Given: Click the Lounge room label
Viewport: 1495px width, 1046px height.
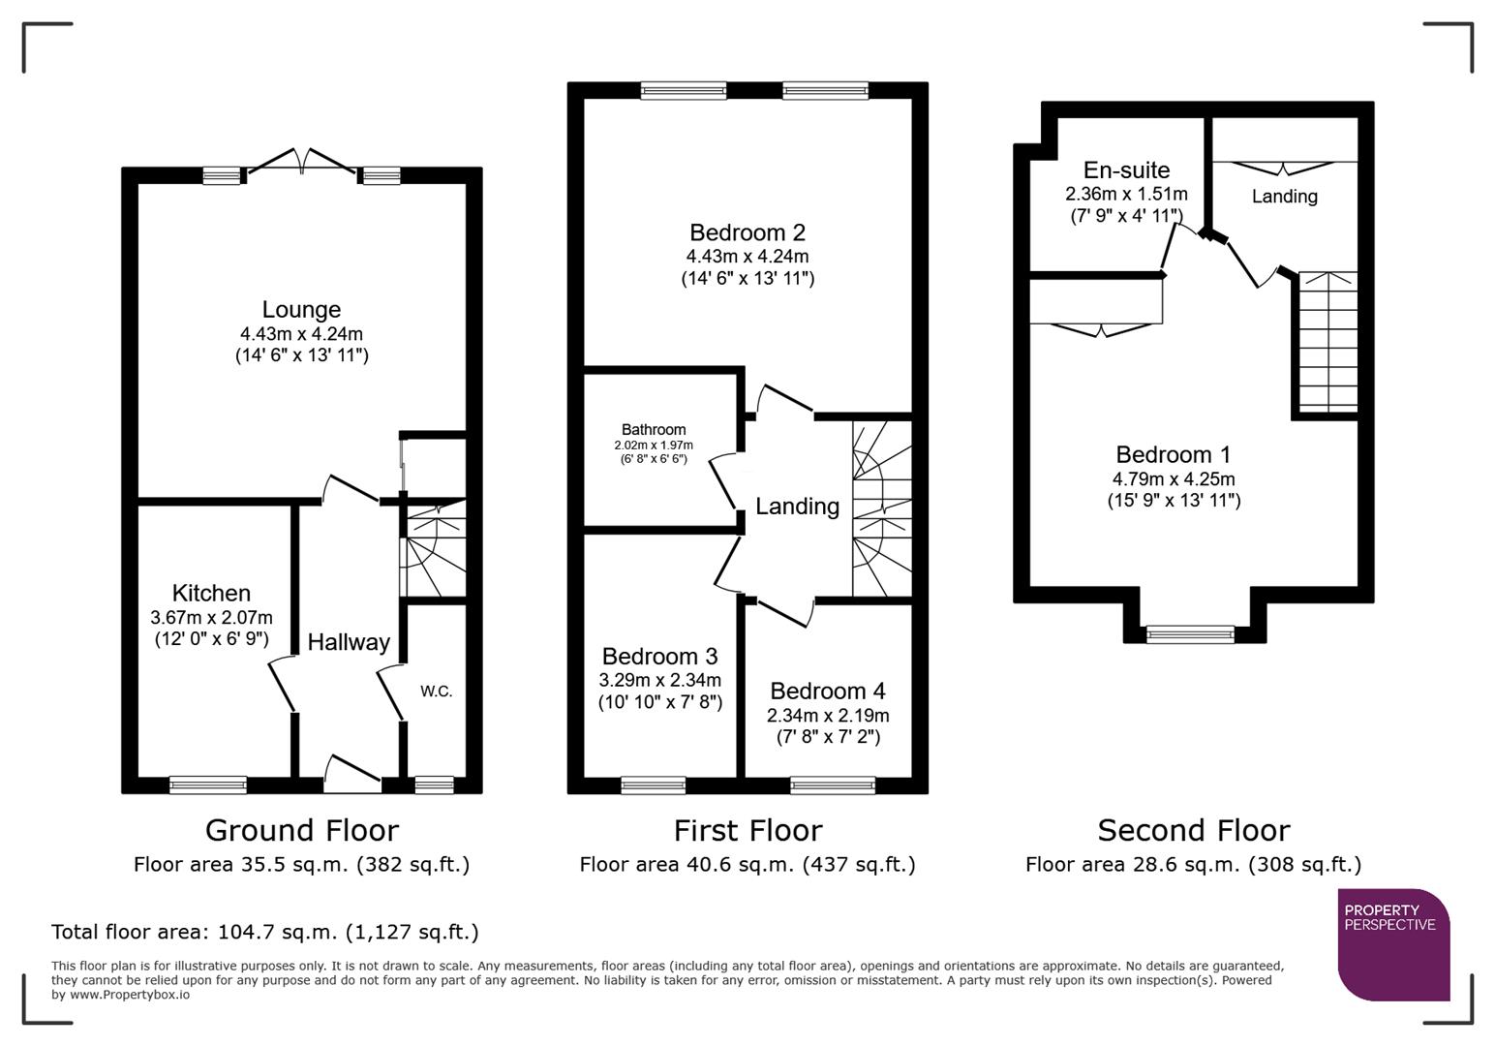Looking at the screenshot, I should [301, 310].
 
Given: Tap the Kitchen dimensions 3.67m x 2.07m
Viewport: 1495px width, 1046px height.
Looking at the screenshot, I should [211, 618].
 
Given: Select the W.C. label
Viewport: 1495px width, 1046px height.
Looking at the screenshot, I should [436, 692].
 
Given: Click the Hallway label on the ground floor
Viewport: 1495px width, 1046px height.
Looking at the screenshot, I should [349, 642].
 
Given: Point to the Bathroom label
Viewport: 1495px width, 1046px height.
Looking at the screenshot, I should [654, 429].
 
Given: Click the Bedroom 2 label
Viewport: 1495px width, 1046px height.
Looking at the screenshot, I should [747, 232].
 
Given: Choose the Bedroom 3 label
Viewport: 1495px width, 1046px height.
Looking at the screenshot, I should [659, 657].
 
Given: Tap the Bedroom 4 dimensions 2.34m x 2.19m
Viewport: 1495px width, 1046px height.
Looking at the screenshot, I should [828, 716].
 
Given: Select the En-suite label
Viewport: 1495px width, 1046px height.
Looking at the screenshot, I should [1126, 170].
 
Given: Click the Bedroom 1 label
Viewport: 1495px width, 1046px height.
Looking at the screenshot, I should [1173, 454].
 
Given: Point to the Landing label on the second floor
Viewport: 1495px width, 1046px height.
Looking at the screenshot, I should [1284, 197].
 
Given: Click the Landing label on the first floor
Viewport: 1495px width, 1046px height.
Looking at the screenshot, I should [797, 507].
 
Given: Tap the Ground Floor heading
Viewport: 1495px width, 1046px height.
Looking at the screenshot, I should [301, 830].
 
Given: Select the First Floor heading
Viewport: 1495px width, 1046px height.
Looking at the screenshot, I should [747, 830].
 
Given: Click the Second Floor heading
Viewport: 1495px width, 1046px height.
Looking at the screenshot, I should [1193, 830].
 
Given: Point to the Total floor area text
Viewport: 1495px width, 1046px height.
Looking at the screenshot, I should [264, 932].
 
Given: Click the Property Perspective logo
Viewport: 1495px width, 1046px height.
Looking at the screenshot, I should [1392, 943].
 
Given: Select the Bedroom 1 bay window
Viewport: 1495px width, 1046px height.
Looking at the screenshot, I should [1190, 634].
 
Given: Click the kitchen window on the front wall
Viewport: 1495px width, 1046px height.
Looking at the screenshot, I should [208, 784].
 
